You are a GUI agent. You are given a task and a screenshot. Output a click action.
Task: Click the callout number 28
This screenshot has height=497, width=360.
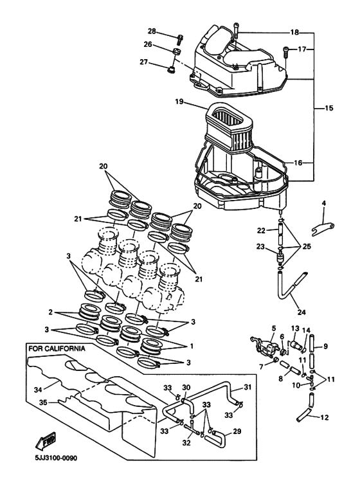pyautogui.click(x=152, y=31)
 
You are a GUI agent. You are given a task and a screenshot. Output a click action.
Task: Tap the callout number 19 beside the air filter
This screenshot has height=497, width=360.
pyautogui.click(x=179, y=101)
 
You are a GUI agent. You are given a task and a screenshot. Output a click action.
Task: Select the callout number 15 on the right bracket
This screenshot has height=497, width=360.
pyautogui.click(x=328, y=109)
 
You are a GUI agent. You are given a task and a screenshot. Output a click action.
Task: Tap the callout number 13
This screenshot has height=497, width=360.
pyautogui.click(x=295, y=328)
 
